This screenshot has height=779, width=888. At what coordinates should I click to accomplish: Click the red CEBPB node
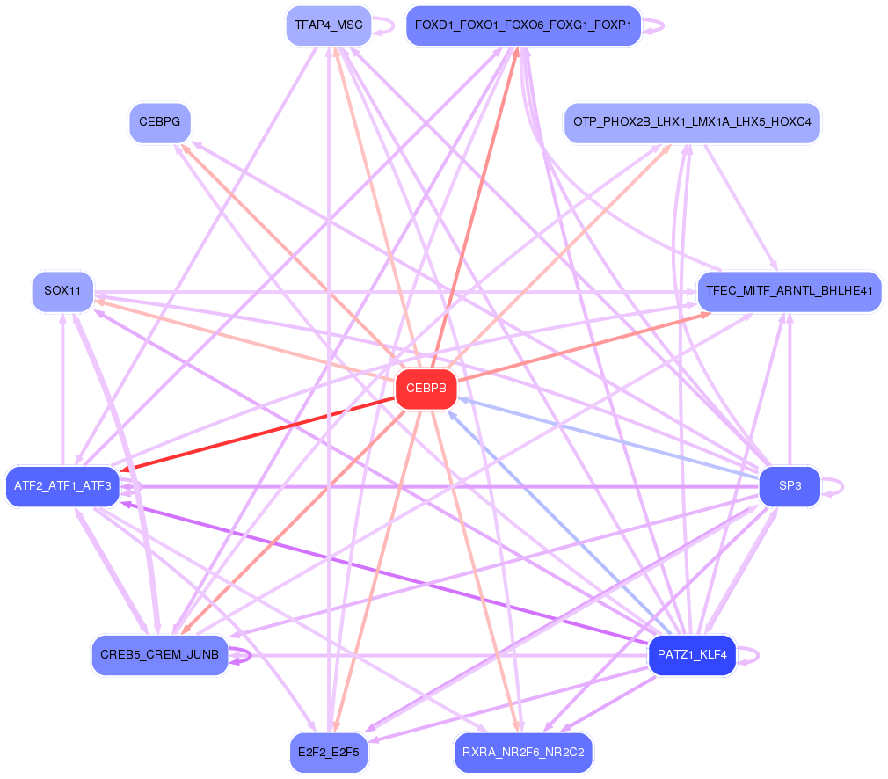426,389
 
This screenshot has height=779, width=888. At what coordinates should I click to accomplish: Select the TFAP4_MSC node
328,25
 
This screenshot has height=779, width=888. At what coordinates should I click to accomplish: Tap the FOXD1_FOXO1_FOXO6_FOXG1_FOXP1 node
522,25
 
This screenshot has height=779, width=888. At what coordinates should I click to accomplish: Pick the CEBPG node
159,122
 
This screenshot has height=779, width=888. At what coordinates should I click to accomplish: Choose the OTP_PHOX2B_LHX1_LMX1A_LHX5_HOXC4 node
692,122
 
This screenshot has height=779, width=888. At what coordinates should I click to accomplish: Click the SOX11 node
62,291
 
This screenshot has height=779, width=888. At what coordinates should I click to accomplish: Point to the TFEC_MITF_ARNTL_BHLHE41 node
789,291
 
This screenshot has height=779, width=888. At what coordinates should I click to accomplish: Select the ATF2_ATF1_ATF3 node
62,486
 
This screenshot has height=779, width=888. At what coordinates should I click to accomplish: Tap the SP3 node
790,486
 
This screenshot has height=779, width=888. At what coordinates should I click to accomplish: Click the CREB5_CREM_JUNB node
159,655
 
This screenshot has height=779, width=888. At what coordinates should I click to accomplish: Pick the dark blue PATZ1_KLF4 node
691,655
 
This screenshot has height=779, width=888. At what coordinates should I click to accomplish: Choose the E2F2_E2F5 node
328,753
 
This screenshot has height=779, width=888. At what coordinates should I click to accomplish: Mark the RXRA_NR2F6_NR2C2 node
523,753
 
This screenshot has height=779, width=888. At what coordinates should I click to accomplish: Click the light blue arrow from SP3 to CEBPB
607,438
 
